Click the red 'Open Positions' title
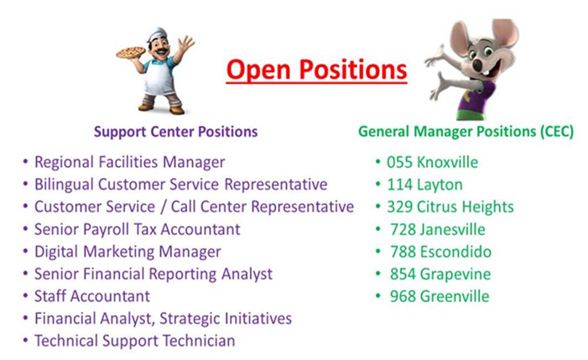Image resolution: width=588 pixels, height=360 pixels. (x=316, y=70)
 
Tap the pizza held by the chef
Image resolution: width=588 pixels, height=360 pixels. (x=131, y=53)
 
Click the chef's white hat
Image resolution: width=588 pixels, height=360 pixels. (x=157, y=34)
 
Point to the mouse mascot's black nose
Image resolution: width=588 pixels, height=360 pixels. (x=477, y=65)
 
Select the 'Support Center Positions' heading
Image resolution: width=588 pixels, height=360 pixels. (x=175, y=132)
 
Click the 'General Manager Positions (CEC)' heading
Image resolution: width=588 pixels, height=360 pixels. (x=466, y=132)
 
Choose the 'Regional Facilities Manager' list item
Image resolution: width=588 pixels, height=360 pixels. (x=130, y=162)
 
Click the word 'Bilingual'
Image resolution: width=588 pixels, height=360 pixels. (x=64, y=185)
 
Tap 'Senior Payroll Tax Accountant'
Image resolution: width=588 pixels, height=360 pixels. (x=138, y=229)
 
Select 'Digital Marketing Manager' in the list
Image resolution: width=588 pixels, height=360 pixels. (x=127, y=252)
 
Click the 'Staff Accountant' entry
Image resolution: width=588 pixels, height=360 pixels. (x=92, y=296)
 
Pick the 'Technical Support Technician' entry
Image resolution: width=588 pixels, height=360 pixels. (x=134, y=341)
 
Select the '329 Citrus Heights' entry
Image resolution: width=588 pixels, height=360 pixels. (x=450, y=206)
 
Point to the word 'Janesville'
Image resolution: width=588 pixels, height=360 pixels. (x=452, y=229)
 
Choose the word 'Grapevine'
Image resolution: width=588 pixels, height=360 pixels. (x=455, y=274)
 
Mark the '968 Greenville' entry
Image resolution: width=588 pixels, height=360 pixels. (x=440, y=296)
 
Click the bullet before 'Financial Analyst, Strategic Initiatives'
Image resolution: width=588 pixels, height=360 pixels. (x=25, y=318)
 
